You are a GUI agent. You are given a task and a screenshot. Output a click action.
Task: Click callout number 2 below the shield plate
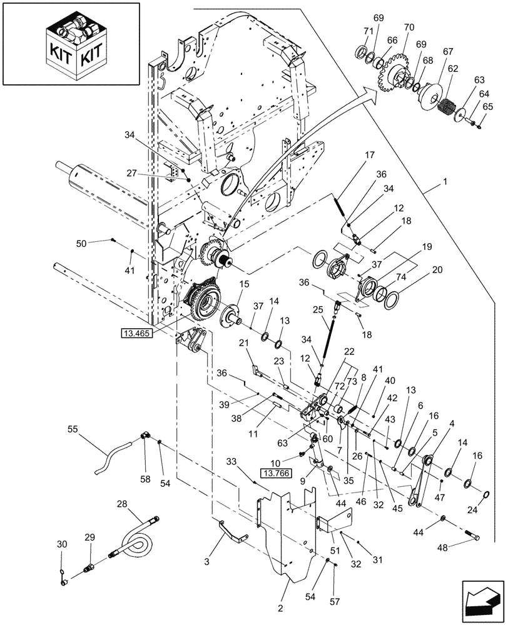[x=280, y=607]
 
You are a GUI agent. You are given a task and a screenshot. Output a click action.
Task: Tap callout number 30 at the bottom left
[x=61, y=545]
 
